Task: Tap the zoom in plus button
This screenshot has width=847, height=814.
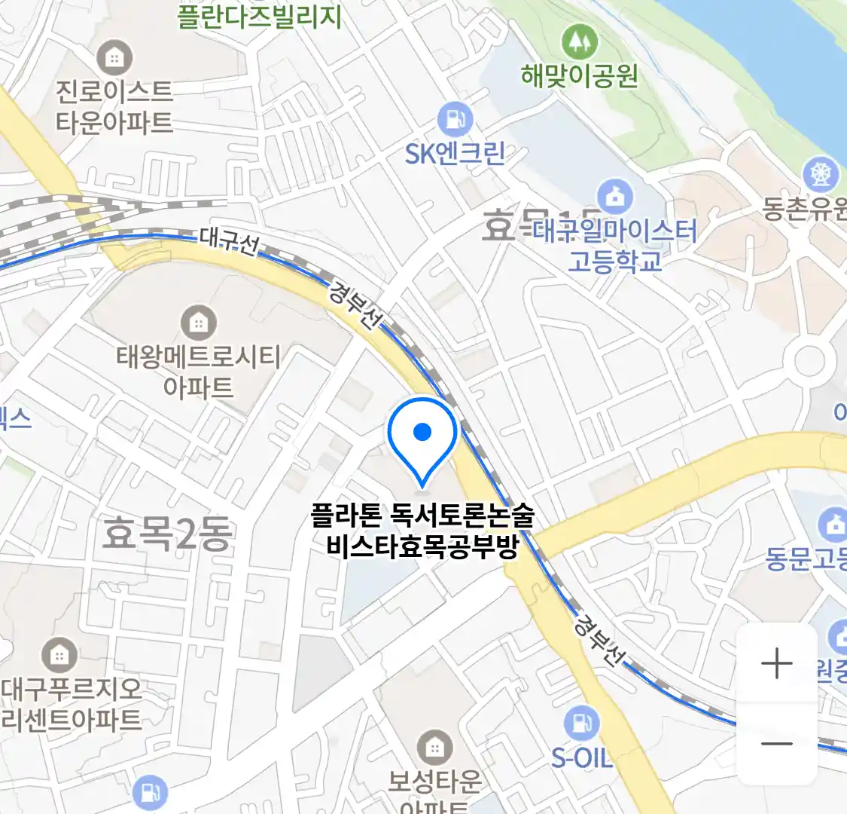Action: point(777,664)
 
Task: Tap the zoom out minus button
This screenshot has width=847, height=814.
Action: point(777,744)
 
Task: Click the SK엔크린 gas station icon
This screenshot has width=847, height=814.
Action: point(455,119)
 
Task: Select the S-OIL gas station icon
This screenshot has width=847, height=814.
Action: point(582,722)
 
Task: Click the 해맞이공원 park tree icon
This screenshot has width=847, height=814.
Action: point(579,41)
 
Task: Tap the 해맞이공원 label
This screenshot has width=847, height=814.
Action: point(579,75)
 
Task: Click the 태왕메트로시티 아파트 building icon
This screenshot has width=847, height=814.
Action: point(198,323)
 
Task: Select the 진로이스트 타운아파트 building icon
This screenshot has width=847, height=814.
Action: point(114,57)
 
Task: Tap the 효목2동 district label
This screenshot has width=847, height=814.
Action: point(167,534)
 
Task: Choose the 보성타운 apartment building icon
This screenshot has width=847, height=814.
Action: point(434,747)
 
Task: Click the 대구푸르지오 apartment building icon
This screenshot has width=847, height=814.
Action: point(59,656)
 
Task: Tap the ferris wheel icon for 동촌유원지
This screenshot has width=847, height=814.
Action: point(820,174)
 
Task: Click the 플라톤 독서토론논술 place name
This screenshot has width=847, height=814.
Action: point(422,516)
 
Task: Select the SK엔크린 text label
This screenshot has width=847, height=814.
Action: point(455,154)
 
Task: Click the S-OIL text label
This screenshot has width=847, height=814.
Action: point(581,757)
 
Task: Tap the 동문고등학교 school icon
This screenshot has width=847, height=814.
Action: point(833,525)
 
